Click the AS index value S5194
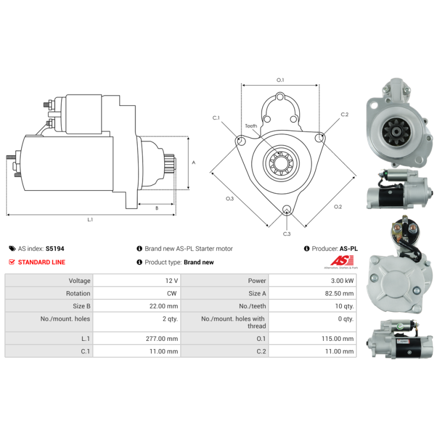pos(55,249)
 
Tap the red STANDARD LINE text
pos(42,262)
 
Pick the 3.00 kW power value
pos(342,281)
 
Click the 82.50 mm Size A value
pos(339,293)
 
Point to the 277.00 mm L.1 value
pos(162,339)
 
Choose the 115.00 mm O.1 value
pos(338,339)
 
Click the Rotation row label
pos(78,293)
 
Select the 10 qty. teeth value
pos(344,306)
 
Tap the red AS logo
pos(342,261)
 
